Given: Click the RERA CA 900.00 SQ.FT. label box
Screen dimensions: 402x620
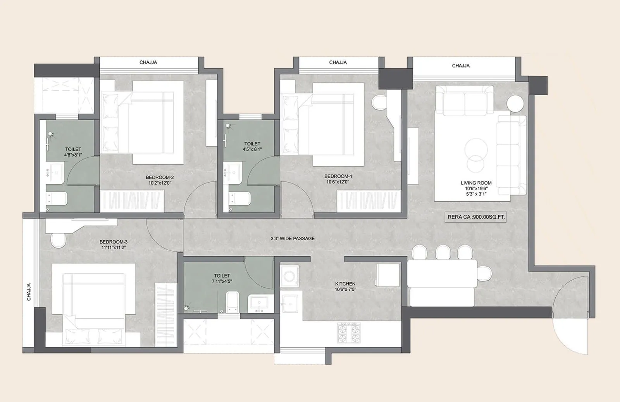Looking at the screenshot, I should (476, 217).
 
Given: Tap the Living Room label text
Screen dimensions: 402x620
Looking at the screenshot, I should (476, 183).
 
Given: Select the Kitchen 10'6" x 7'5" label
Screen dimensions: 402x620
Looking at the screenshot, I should (345, 286).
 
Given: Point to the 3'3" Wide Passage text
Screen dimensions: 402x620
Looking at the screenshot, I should (293, 238).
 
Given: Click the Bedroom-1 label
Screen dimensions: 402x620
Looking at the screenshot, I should (338, 176).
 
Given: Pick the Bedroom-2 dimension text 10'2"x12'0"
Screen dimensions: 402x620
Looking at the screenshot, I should (160, 183).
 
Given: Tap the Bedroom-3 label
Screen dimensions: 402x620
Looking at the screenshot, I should (114, 242).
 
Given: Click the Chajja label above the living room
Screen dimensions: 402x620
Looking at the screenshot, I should (461, 66).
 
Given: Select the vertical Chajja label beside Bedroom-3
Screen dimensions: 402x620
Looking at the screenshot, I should (29, 292).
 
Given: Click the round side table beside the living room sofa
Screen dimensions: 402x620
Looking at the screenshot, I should (516, 104).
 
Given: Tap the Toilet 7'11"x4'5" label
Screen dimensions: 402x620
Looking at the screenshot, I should (222, 278).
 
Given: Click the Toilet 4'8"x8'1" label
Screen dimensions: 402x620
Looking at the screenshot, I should (73, 152).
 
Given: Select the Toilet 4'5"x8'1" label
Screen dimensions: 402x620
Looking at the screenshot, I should (252, 146).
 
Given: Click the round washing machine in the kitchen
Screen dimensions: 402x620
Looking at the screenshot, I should (289, 276).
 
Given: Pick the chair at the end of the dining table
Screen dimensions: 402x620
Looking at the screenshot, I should (484, 273).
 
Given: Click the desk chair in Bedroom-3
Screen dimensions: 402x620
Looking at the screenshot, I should (59, 240).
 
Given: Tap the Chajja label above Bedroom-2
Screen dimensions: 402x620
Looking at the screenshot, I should (148, 62).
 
